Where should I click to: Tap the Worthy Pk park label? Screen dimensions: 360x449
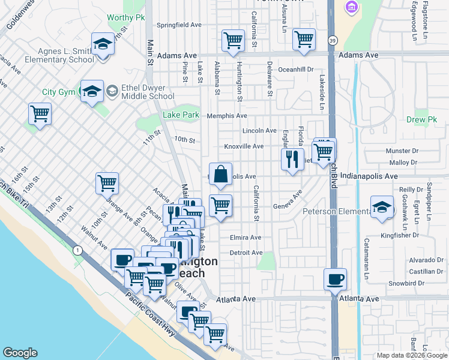[130, 18]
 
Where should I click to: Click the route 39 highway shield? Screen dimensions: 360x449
[332, 41]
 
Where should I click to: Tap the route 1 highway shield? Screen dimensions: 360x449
[77, 249]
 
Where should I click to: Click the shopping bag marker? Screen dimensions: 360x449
[221, 174]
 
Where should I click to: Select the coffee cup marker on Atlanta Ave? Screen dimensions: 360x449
[335, 279]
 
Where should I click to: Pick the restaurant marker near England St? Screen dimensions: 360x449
[292, 160]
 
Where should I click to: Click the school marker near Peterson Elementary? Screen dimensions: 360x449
[382, 207]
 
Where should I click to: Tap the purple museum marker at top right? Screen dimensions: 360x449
[352, 8]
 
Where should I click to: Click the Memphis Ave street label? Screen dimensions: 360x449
[227, 116]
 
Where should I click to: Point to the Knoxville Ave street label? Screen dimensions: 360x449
[244, 146]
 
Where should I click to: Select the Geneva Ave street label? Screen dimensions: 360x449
[287, 204]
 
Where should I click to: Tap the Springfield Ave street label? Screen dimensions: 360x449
[179, 25]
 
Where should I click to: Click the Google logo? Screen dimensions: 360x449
[20, 353]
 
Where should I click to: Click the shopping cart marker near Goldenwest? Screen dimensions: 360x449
[40, 113]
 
